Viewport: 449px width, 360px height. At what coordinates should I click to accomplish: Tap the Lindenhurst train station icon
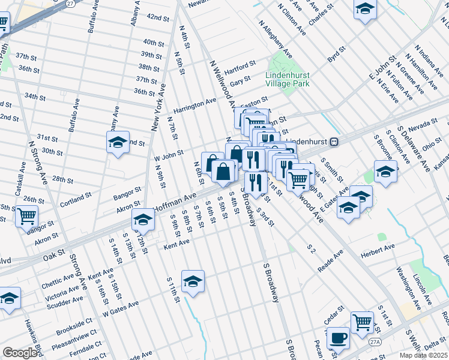[337, 142]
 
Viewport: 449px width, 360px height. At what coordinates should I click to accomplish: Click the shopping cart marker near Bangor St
[26, 216]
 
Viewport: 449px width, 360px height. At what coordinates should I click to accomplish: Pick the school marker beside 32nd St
[118, 142]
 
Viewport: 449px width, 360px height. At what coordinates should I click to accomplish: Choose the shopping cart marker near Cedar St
[362, 322]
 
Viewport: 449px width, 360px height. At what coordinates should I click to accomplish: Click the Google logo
[19, 353]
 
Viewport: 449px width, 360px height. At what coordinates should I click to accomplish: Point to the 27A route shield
[375, 341]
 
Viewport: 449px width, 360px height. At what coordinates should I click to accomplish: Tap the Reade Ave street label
[330, 262]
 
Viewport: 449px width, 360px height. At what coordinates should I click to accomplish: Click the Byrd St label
[337, 55]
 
